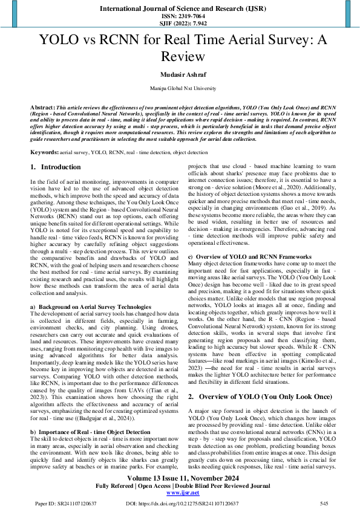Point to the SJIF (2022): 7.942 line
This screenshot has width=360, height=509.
tap(180, 24)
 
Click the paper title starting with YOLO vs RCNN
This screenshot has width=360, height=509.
tap(180, 49)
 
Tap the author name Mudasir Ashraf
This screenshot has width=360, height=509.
tap(180, 74)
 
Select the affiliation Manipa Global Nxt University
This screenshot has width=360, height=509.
tap(180, 88)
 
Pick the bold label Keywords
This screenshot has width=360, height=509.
tap(45, 152)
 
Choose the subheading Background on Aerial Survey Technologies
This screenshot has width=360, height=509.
tap(94, 308)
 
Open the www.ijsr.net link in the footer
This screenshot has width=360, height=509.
tap(179, 493)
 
